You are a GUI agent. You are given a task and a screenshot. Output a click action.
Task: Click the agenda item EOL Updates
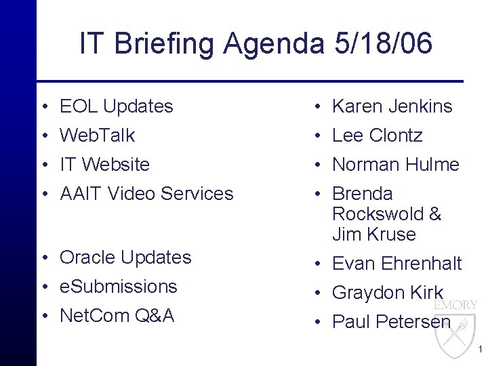click(x=116, y=106)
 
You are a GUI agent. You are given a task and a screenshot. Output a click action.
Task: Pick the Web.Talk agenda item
click(x=97, y=136)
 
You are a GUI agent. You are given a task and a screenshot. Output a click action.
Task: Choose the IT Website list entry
click(x=104, y=165)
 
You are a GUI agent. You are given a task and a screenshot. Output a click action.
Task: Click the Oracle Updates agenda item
click(x=125, y=258)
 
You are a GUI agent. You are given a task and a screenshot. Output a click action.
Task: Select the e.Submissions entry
click(x=118, y=287)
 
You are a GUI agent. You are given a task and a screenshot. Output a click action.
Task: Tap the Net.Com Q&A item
click(x=117, y=316)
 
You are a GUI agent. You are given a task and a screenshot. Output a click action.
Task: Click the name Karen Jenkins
click(x=392, y=106)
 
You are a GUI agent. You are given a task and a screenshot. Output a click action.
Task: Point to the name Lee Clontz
click(x=377, y=136)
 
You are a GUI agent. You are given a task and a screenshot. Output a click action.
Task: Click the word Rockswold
click(x=378, y=214)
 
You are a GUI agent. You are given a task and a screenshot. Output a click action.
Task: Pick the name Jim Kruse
click(x=373, y=235)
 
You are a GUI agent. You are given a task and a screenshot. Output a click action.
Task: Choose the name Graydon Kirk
click(x=387, y=293)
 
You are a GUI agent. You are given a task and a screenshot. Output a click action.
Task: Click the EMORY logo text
click(x=460, y=306)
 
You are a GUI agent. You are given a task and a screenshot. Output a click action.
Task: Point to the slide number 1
click(x=480, y=350)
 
